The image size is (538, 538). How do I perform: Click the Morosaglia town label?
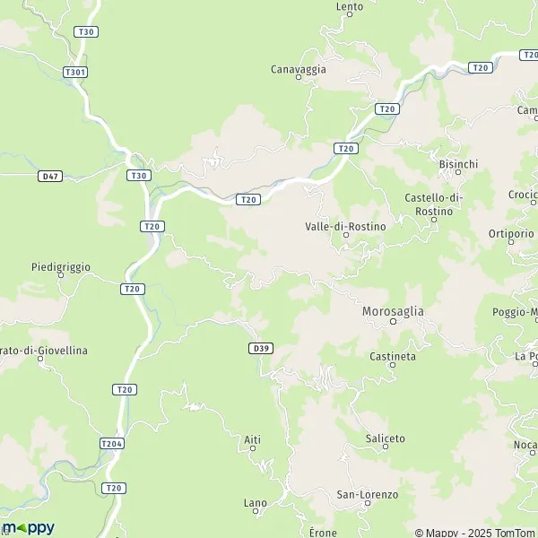point(393,310)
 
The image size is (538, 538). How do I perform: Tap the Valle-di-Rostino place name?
point(345,227)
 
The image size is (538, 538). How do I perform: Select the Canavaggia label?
point(299,68)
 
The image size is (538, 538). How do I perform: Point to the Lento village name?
point(350,6)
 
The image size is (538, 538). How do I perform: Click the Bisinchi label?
point(458,164)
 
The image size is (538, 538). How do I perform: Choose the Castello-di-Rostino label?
point(433,204)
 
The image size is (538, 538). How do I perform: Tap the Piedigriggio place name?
point(61,266)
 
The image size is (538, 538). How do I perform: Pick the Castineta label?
point(393,356)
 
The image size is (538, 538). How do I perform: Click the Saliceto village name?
point(386,438)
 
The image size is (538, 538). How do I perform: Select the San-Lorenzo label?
point(367,494)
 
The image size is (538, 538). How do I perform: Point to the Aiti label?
point(252,438)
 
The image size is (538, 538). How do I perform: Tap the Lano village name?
point(256,503)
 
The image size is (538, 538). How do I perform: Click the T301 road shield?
point(75,72)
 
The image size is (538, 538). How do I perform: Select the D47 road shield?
point(50,177)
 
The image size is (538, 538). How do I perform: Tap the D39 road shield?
point(261,348)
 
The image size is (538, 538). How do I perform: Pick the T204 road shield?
point(111,443)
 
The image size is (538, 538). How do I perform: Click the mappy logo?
point(28,527)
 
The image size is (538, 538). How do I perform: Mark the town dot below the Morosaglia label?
point(393,322)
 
